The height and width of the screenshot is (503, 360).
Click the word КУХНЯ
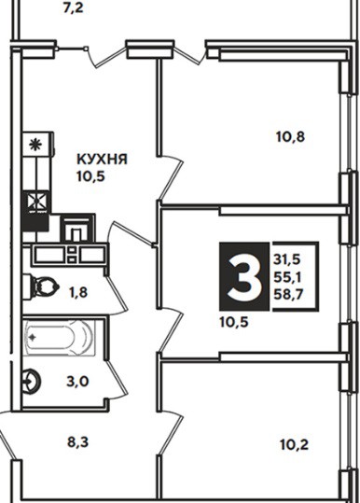[102, 159]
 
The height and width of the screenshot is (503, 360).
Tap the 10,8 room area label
[290, 137]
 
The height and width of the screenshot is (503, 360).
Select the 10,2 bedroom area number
[294, 444]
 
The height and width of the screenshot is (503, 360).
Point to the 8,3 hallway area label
[77, 442]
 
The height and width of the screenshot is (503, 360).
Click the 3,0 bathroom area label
[77, 382]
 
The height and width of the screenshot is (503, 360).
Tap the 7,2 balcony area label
[73, 8]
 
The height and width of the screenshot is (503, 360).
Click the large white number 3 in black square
[244, 276]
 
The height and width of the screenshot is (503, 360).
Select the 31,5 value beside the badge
[287, 259]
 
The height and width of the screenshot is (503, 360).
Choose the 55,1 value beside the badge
[287, 277]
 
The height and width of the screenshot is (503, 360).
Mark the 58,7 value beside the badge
[288, 294]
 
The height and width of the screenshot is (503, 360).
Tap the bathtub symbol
[60, 337]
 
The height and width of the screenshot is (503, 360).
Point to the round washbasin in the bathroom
[32, 382]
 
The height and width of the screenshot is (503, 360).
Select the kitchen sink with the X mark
[36, 202]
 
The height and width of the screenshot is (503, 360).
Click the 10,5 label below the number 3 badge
[234, 322]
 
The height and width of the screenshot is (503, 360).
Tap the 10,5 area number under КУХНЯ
[91, 176]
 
